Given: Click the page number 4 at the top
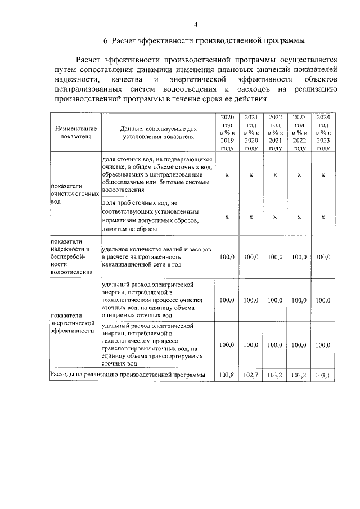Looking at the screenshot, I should point(196,24).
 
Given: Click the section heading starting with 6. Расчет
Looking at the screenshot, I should point(204,41).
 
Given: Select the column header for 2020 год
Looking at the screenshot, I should point(227,132).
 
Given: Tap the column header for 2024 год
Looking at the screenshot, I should point(323,132).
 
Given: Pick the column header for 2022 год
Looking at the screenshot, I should point(275,132).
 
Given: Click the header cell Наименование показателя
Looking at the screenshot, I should point(75,132).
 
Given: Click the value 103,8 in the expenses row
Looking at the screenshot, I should point(227,374).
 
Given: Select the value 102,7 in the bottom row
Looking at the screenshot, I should point(251,374).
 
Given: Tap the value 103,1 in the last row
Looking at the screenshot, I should point(323,374).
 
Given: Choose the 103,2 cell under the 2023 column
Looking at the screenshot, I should point(299,374).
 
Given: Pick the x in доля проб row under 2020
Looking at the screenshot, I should point(227,216).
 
